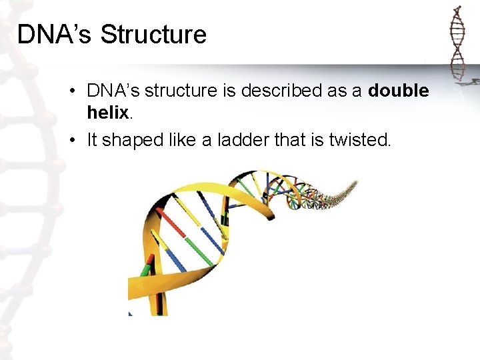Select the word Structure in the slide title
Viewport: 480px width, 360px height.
[153, 35]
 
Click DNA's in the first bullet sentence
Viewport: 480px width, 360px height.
[113, 91]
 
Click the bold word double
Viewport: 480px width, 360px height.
[398, 91]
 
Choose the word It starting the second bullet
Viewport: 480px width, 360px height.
[93, 140]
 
